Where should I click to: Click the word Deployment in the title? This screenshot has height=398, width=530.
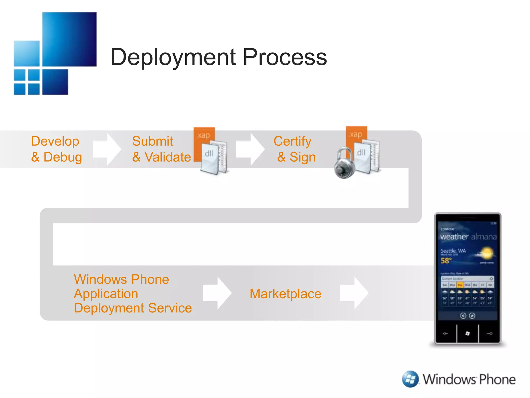[173, 58]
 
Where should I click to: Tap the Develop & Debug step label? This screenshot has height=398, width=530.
[56, 149]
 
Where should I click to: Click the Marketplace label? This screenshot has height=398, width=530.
[285, 294]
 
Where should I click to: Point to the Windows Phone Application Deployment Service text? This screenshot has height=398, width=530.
[132, 294]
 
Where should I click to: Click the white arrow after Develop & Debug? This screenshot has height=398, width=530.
[107, 149]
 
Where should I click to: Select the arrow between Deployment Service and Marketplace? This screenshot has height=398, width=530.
[217, 293]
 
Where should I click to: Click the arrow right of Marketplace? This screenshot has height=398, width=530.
[354, 293]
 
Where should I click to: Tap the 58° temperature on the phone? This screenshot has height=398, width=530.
[446, 260]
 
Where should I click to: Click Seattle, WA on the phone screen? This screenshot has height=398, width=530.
[453, 251]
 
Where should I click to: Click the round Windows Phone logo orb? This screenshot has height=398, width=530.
[410, 379]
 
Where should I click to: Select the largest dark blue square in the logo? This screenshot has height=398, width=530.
[69, 39]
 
